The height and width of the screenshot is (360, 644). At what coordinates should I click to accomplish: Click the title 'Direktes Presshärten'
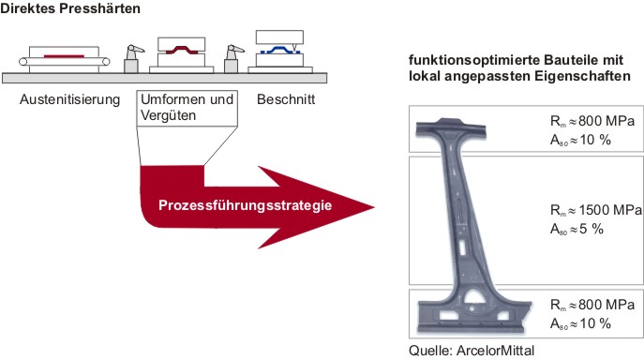click(70, 8)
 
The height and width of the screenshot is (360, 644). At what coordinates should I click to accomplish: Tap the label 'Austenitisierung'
click(69, 99)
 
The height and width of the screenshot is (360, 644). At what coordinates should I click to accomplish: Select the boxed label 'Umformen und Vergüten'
click(187, 108)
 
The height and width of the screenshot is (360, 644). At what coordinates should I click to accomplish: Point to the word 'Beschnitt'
click(286, 99)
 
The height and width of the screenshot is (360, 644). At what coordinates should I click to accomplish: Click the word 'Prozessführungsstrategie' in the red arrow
click(246, 205)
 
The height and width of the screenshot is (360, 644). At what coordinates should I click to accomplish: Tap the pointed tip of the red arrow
click(373, 207)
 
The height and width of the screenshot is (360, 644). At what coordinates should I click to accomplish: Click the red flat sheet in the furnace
click(64, 56)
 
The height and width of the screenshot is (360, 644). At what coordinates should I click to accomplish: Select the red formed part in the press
click(181, 50)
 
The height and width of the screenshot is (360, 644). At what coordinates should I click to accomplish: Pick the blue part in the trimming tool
click(280, 50)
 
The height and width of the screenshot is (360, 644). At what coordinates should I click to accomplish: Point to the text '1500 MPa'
click(610, 210)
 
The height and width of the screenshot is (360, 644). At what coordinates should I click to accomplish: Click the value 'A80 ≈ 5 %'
click(577, 229)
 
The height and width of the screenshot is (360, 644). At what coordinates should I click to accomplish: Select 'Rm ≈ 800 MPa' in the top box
click(592, 122)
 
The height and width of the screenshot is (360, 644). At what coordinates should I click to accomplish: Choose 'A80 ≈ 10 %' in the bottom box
click(580, 323)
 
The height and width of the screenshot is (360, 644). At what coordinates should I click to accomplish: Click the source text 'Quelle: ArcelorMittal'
click(472, 351)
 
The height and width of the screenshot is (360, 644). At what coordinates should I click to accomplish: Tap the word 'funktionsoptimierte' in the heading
click(474, 60)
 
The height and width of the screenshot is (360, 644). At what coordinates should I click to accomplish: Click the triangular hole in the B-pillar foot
click(475, 296)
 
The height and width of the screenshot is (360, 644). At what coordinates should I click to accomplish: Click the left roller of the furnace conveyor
click(23, 62)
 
